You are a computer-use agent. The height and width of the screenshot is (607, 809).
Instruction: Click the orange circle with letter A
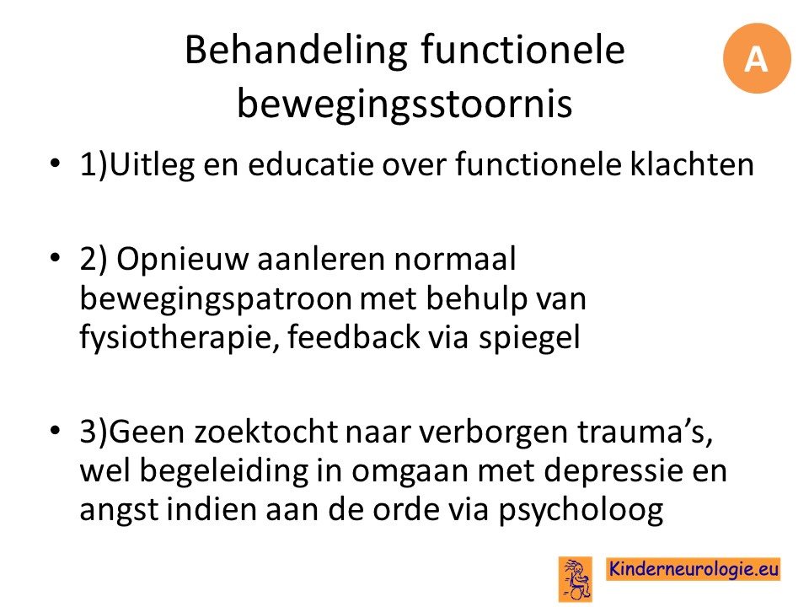click(757, 58)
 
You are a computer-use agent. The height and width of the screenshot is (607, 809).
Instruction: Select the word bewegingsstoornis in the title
click(404, 104)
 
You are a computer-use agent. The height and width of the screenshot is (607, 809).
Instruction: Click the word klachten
click(692, 164)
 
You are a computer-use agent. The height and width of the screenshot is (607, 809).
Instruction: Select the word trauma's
click(645, 432)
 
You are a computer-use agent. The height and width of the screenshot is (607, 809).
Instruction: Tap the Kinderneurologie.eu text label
click(694, 568)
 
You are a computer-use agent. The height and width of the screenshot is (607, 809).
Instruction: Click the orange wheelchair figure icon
click(576, 579)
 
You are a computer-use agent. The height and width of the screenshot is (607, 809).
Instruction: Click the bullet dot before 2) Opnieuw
click(55, 257)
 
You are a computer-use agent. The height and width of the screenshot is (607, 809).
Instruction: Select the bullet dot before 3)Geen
click(55, 430)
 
